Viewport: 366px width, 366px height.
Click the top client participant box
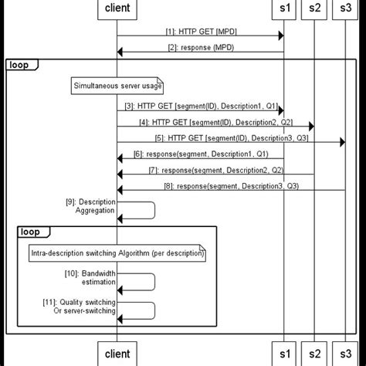tap(117, 9)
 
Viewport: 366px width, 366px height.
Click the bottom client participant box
tap(117, 354)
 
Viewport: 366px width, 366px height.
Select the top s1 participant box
tap(284, 9)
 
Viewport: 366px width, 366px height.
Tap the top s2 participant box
tap(314, 9)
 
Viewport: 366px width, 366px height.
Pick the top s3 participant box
tap(344, 9)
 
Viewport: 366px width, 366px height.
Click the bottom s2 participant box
tap(314, 354)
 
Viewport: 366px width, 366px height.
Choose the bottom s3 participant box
tap(344, 354)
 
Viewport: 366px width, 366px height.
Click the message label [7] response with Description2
tap(215, 170)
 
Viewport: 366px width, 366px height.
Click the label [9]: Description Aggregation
tap(90, 206)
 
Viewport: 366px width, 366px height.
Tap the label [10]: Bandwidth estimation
tap(90, 278)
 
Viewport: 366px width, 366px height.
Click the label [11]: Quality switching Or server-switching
tap(90, 306)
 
